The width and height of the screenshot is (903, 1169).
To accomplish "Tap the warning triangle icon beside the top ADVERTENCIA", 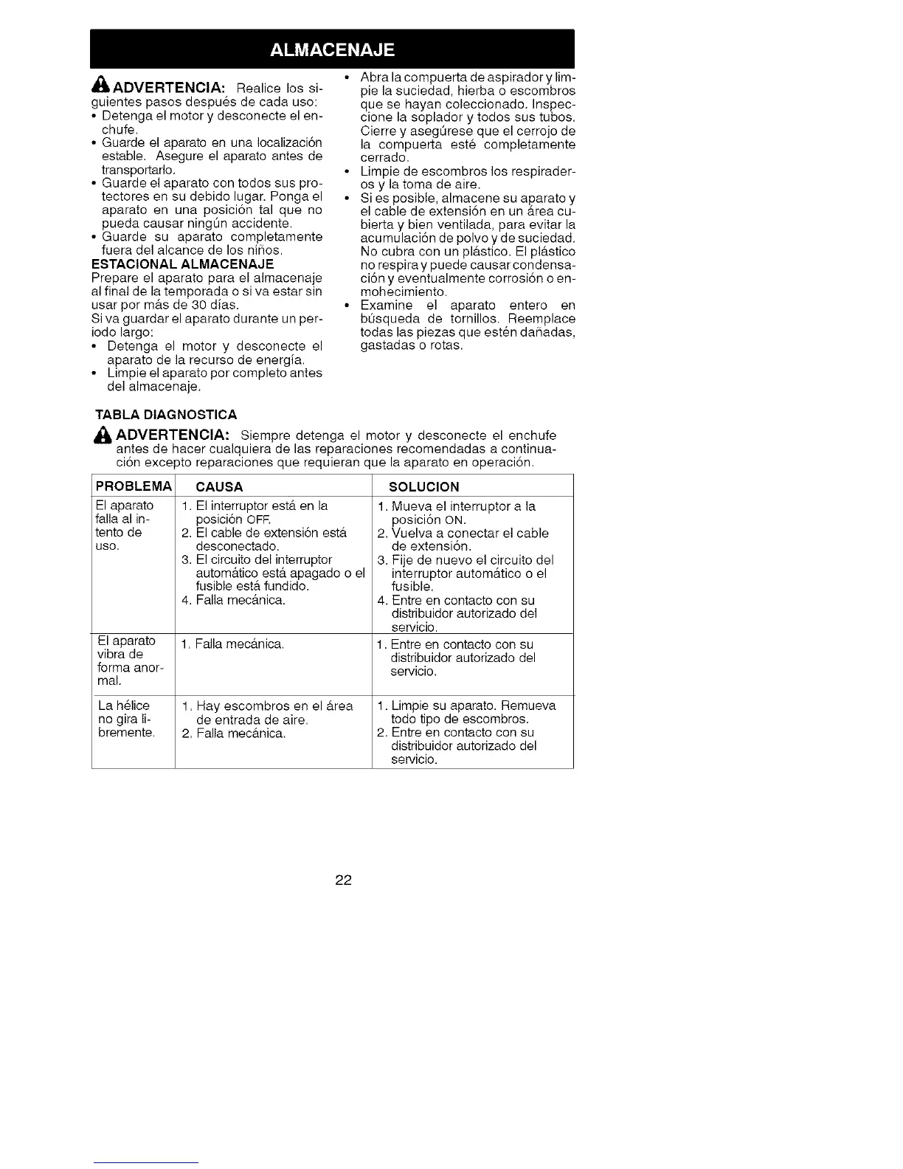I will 101,87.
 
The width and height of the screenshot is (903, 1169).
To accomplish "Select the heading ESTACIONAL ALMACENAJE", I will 182,263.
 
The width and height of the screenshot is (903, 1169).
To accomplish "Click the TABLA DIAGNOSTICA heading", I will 166,414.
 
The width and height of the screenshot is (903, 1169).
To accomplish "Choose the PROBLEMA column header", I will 134,486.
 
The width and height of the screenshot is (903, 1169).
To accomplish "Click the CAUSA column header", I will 219,486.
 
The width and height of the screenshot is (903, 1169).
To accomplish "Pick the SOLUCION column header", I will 423,486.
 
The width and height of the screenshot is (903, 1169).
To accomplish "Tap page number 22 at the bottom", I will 343,880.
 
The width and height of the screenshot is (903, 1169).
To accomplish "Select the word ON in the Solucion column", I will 454,520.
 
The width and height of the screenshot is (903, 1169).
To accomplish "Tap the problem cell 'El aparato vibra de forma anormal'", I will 130,661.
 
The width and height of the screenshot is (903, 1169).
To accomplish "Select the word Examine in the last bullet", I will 386,306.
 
